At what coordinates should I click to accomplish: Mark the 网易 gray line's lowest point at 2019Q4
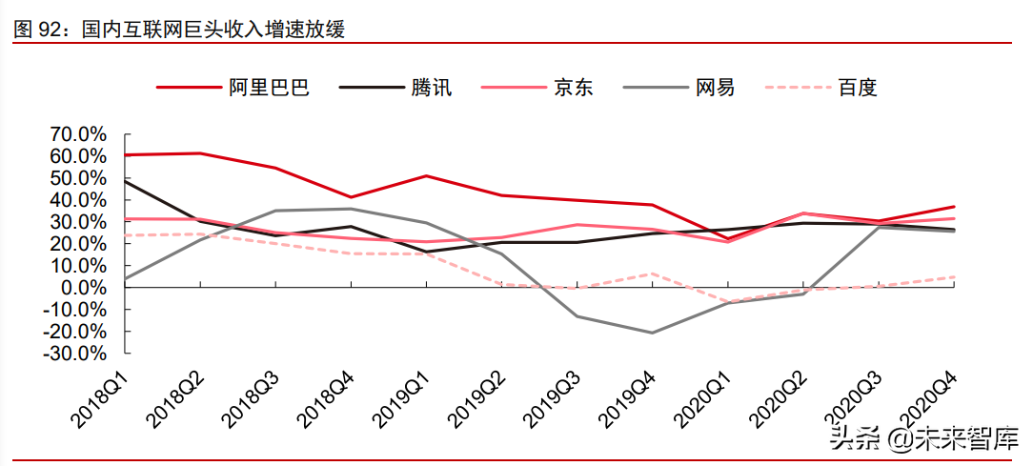653,333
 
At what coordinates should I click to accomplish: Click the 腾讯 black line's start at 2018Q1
125,181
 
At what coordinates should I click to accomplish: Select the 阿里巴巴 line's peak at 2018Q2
200,153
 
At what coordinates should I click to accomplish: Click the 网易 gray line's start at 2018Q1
125,279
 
